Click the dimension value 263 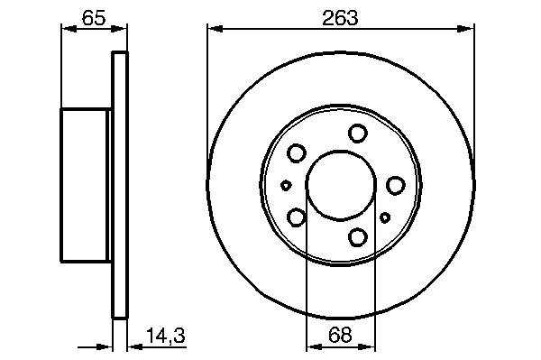point(340,18)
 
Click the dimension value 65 point(94,18)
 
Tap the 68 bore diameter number point(340,335)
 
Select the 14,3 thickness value point(166,336)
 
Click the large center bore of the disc point(341,185)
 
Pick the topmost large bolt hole point(358,134)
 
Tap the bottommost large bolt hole point(358,236)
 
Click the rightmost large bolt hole point(396,185)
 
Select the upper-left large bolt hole point(297,152)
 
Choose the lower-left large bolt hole point(297,217)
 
